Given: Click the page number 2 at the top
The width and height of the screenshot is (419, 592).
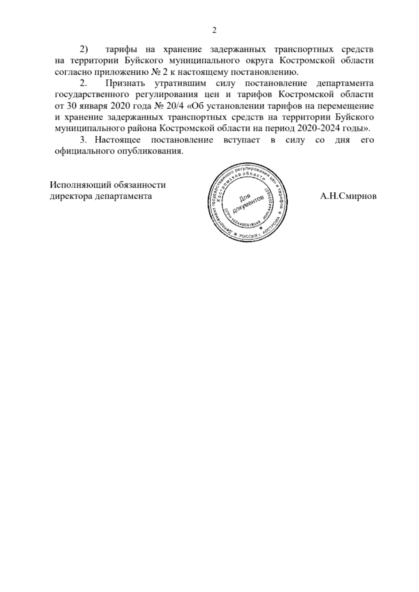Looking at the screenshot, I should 214,30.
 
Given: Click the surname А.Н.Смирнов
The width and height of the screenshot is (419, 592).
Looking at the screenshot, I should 348,196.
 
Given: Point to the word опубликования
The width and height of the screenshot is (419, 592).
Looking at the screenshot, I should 152,151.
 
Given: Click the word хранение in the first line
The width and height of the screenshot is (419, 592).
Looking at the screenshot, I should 182,49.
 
